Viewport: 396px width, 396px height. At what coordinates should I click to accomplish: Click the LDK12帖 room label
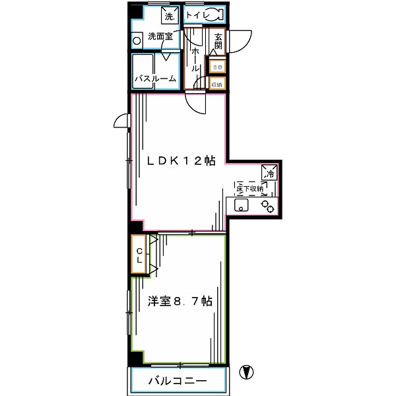pyautogui.click(x=181, y=160)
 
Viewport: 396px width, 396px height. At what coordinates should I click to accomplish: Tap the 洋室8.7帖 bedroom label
pyautogui.click(x=180, y=301)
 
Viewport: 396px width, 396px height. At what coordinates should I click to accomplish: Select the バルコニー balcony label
pyautogui.click(x=177, y=381)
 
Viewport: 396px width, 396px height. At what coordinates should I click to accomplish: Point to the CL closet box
pyautogui.click(x=140, y=254)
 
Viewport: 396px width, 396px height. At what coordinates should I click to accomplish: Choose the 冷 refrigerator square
pyautogui.click(x=269, y=174)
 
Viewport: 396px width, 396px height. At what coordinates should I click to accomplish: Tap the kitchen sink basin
pyautogui.click(x=242, y=207)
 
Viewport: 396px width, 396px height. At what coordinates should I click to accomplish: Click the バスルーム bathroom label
pyautogui.click(x=155, y=79)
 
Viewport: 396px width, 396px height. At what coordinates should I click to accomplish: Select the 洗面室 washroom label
pyautogui.click(x=160, y=36)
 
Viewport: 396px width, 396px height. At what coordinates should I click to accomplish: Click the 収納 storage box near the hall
pyautogui.click(x=217, y=83)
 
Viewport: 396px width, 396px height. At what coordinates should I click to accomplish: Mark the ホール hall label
pyautogui.click(x=197, y=60)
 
